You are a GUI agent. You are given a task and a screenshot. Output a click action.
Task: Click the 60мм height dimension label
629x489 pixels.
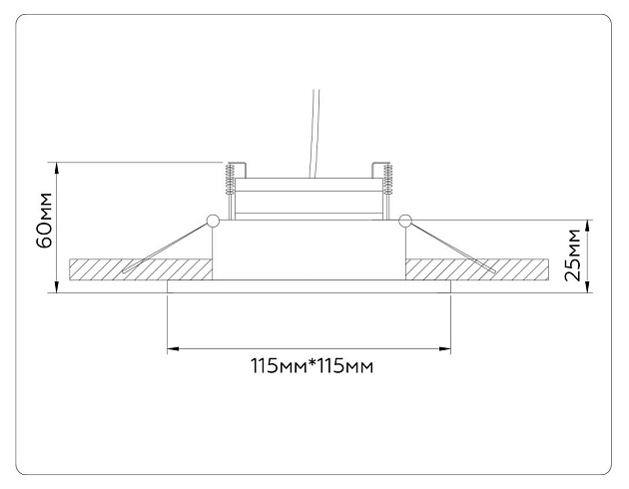[44, 221]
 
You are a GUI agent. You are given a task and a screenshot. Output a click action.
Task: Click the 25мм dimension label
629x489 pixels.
[572, 254]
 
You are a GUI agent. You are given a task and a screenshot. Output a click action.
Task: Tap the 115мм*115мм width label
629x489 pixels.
[313, 365]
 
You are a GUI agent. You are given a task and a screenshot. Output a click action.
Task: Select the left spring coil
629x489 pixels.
[230, 179]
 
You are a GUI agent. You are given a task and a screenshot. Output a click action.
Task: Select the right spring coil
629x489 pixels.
[387, 179]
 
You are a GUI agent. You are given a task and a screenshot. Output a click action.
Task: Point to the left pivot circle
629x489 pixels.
[213, 220]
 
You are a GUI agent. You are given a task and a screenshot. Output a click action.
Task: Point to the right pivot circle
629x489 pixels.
[405, 220]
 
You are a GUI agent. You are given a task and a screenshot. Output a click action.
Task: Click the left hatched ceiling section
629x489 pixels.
[141, 269]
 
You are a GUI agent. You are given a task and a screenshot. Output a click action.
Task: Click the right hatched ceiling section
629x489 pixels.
[477, 269]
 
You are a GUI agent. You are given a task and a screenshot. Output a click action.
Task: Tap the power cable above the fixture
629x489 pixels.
[314, 134]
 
